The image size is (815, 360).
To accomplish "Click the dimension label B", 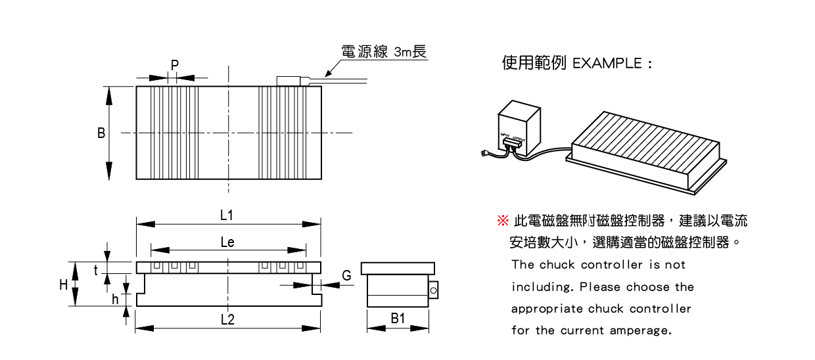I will point(101,133).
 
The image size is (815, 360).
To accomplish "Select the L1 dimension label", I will point(227,215).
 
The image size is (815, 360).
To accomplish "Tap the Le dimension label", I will point(227,242).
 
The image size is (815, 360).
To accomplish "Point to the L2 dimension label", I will point(227,320).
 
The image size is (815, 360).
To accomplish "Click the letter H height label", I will point(64,284).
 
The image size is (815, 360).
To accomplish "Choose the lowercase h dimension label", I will point(115,300).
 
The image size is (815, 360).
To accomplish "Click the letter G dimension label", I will point(346,276).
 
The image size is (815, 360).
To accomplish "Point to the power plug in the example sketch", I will point(484,154).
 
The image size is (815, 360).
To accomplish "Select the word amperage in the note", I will point(640,330).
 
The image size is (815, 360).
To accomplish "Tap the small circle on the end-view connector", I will point(433,290).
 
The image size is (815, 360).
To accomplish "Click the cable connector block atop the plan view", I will point(288,81).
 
